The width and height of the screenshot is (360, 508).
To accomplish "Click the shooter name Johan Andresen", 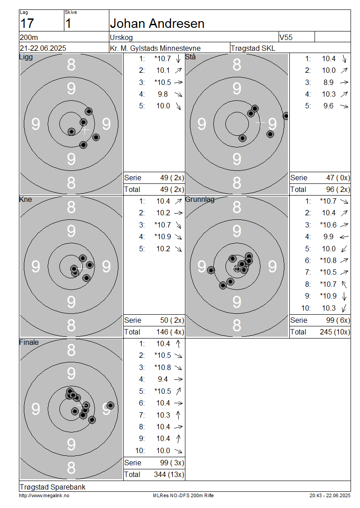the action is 157,24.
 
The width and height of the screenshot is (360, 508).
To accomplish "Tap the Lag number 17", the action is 27,24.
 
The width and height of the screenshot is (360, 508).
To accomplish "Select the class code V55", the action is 286,37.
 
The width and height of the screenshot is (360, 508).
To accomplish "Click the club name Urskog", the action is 121,38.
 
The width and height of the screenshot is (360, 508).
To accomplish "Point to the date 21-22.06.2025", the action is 43,48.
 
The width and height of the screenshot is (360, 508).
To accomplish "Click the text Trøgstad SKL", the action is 253,48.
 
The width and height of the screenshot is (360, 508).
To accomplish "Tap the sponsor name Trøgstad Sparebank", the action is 53,487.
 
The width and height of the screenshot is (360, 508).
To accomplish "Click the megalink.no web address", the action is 44,496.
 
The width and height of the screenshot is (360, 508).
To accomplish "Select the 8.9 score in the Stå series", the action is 328,82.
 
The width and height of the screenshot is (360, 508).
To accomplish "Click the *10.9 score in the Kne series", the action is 163,237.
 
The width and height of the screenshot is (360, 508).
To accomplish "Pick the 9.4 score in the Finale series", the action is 163,379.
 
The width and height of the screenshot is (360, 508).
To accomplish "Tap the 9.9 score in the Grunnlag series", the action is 328,237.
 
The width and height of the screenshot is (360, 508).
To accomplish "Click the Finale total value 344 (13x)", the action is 169,475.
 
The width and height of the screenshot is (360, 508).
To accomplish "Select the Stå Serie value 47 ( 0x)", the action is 338,178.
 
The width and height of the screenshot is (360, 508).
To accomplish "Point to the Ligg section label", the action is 26,58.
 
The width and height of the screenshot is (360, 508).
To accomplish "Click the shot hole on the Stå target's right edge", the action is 286,116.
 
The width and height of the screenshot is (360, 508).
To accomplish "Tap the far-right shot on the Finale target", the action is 110,406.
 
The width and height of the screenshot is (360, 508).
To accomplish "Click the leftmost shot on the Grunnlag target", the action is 211,270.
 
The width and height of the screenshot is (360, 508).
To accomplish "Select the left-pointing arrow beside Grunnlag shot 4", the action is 344,237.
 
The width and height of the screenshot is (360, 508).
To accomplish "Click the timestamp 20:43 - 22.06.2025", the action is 330,496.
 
